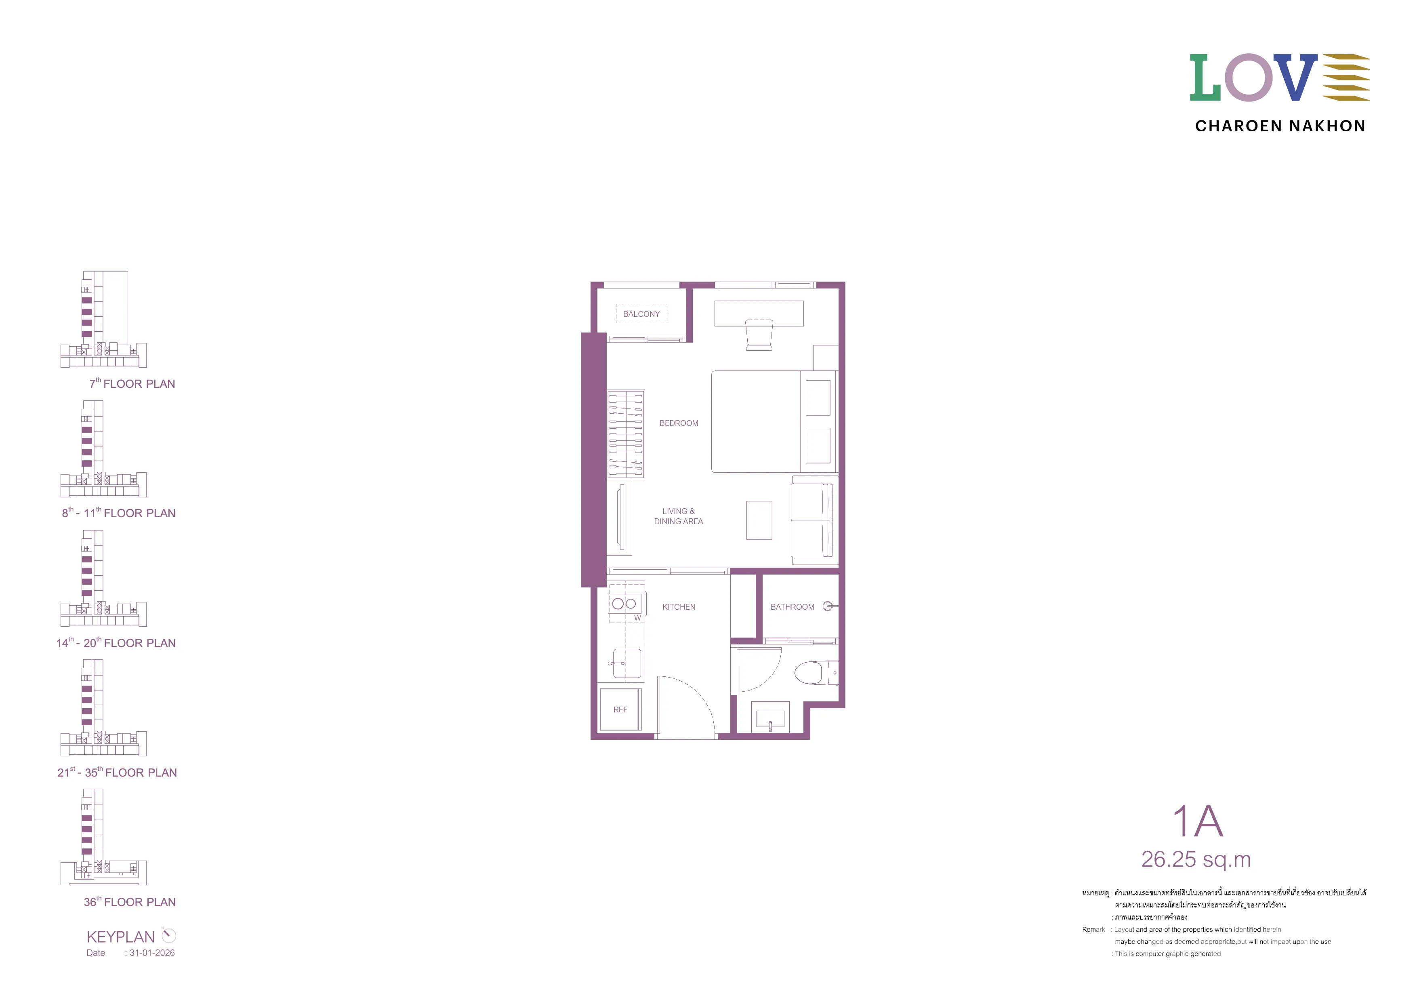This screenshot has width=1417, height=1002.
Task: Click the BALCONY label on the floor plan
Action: click(641, 314)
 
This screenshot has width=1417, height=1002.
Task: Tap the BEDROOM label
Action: click(679, 423)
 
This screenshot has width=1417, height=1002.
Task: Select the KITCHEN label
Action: click(679, 607)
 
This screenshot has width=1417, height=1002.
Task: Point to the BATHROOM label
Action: click(793, 607)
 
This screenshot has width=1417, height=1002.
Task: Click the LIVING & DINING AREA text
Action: click(678, 516)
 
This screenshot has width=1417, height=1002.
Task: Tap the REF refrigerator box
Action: click(621, 709)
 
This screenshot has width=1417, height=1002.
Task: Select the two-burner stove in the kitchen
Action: click(624, 603)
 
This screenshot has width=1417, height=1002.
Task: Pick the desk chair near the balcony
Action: click(759, 335)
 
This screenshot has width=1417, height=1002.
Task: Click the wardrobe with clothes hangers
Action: click(626, 434)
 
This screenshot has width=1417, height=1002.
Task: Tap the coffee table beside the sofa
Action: click(759, 520)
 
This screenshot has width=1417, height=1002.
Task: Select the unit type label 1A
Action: click(1197, 821)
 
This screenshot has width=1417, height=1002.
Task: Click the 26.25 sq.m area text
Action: click(1196, 859)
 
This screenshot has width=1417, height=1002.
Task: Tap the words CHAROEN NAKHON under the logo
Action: click(1280, 126)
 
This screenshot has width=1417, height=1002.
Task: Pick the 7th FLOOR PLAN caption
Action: click(132, 383)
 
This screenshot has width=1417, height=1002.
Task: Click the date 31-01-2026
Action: click(152, 953)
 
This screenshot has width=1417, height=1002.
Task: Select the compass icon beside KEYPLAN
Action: click(168, 935)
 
